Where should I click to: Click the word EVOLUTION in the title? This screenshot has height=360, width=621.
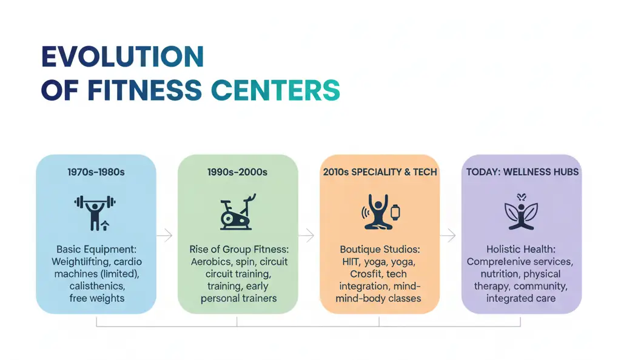123,56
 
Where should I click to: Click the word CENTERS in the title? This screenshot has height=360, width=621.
276,90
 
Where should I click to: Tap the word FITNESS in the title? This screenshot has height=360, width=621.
144,90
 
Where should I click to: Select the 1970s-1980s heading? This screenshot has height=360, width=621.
96,172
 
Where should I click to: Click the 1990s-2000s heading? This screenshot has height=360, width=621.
237,172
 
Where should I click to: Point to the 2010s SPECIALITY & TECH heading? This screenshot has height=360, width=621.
380,172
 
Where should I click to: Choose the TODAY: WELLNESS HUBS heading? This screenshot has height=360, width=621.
522,172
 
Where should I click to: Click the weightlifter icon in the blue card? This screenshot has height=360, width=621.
95,213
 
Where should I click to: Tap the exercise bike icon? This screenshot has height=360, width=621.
238,212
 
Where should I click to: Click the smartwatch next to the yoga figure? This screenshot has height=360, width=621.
395,213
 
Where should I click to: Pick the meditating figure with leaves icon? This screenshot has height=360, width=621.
521,212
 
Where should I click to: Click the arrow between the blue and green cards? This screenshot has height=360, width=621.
165,235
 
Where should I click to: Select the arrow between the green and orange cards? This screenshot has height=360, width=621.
306,235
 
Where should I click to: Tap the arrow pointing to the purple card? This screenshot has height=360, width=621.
448,235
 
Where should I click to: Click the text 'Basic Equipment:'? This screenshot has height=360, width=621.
96,250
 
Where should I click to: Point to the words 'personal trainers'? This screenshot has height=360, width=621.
238,298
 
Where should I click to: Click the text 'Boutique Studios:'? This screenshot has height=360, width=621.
380,250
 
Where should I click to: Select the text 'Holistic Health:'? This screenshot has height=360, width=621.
521,250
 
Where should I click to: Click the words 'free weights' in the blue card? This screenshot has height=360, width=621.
96,298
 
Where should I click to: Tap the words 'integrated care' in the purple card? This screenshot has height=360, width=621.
521,298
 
